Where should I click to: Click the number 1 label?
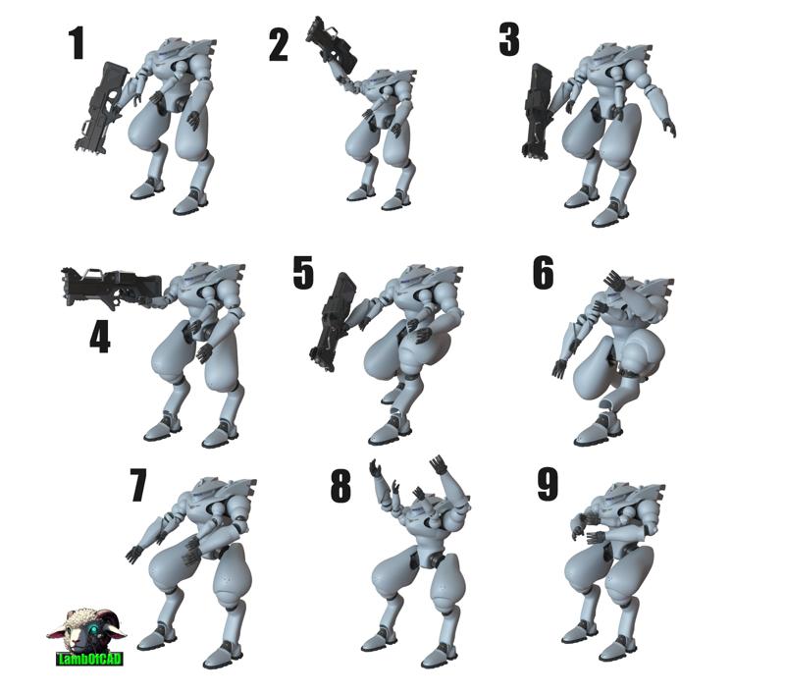coord(77,43)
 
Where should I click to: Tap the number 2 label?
coord(279,45)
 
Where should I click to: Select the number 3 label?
coord(509,39)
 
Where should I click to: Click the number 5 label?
coord(303,273)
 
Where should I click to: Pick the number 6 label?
coord(544,273)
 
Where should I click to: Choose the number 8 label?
coord(340,486)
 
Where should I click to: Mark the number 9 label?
coord(548,484)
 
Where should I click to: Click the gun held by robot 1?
coord(99,108)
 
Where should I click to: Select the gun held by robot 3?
coord(537,111)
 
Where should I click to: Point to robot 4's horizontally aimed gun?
coord(111,287)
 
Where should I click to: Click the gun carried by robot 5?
coord(333,321)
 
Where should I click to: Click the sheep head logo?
coord(86,628)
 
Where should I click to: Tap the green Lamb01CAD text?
coord(89,659)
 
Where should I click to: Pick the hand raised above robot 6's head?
coord(614,281)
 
